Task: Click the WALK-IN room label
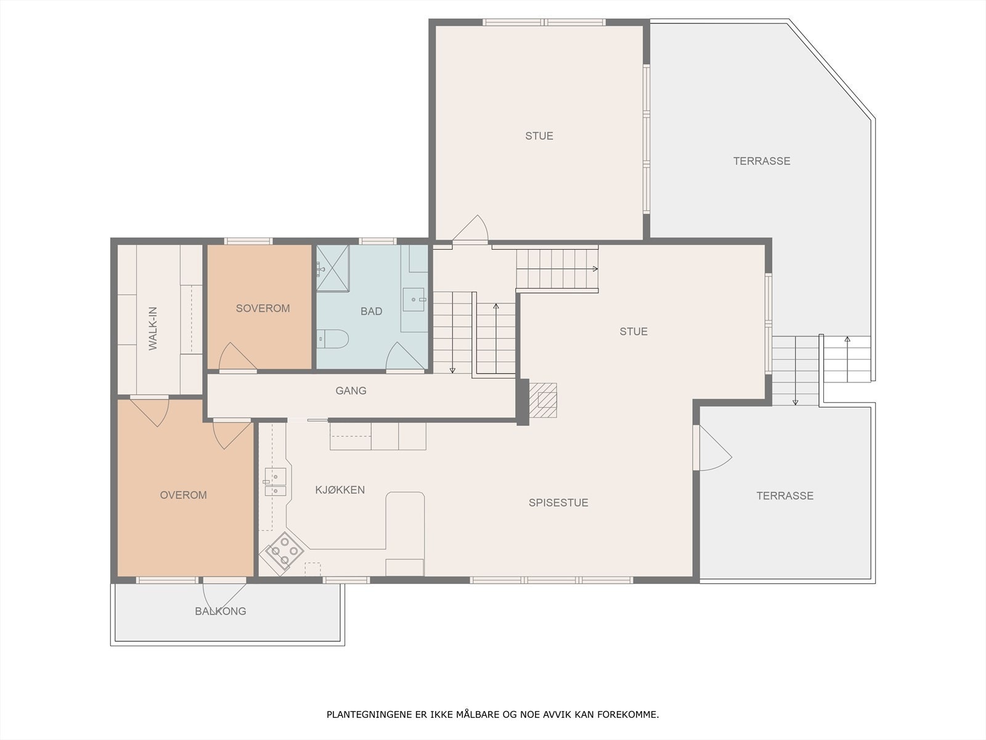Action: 153,329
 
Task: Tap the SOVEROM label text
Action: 263,308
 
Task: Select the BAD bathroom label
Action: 372,311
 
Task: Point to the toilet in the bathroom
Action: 332,339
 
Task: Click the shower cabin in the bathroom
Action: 333,268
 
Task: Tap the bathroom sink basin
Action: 414,300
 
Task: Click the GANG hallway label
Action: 351,391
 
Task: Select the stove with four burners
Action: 284,554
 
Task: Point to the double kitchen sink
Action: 275,481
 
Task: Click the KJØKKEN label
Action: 340,490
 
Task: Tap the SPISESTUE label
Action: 558,503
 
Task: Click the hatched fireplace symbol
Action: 543,400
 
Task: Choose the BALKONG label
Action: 221,611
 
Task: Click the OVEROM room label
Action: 183,495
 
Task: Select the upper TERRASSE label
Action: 762,161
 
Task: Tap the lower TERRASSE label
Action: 784,496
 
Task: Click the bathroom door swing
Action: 405,356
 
